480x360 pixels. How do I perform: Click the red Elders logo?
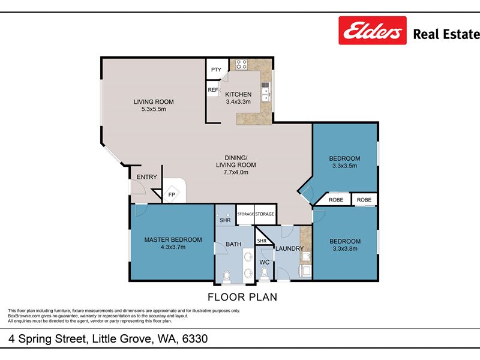click(373, 31)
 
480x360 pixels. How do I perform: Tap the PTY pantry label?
click(216, 70)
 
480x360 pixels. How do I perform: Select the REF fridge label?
click(213, 89)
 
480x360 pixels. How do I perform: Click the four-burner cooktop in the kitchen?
click(241, 64)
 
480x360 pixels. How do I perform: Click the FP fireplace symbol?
click(172, 194)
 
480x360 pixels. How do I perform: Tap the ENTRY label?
click(146, 177)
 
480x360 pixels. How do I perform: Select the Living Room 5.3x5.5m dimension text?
click(154, 109)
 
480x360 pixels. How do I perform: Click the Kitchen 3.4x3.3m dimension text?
click(238, 101)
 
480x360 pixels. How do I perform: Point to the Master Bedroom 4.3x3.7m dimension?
click(173, 247)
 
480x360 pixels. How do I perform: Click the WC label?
click(265, 262)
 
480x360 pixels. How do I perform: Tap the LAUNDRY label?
click(290, 248)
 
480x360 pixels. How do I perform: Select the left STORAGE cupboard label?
click(245, 214)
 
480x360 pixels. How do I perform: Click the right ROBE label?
click(364, 200)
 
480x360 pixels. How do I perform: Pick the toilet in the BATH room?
click(227, 277)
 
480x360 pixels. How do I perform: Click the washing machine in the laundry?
click(305, 271)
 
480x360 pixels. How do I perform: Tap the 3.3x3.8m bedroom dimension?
click(345, 248)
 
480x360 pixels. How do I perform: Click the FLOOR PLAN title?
click(242, 297)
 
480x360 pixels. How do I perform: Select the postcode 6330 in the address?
click(195, 338)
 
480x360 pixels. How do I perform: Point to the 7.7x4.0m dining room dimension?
click(236, 172)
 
